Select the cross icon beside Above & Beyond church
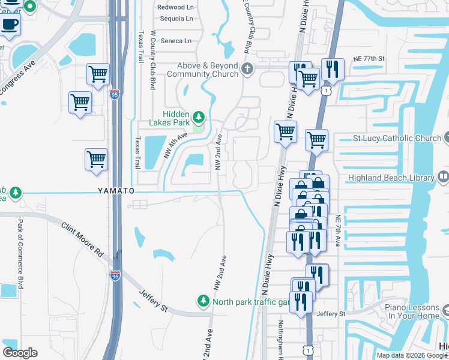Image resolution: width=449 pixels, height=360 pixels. click(x=247, y=70)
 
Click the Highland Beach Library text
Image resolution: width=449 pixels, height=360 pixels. click(x=391, y=178)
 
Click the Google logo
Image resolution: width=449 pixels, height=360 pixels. click(x=20, y=353)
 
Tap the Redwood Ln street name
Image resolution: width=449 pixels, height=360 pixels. click(x=175, y=7)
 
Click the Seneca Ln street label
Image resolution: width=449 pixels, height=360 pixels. click(x=179, y=41)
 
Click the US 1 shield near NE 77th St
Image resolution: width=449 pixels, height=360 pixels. click(x=325, y=90)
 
